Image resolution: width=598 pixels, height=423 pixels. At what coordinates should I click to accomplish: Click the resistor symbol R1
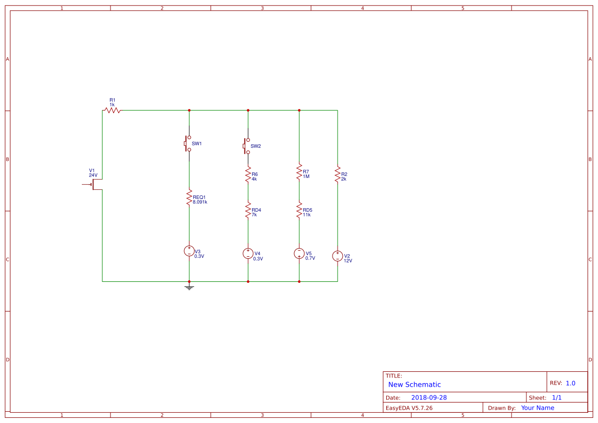[x=112, y=110]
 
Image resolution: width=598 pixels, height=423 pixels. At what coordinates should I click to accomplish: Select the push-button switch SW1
[x=188, y=144]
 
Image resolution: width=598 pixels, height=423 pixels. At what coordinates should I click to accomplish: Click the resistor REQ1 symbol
[x=189, y=198]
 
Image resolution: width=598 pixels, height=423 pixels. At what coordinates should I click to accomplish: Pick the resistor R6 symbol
[x=248, y=174]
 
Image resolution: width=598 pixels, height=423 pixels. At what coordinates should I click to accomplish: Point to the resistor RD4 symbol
[x=248, y=210]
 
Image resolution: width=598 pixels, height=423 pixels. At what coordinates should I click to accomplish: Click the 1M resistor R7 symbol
[x=299, y=172]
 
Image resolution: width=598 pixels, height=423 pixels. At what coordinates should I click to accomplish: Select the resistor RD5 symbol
[x=299, y=210]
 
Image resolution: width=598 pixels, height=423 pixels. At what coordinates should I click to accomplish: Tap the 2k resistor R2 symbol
[x=338, y=174]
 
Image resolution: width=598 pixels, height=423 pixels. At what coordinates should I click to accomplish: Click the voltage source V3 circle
[x=189, y=251]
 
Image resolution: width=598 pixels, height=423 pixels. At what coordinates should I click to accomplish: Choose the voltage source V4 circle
[x=248, y=253]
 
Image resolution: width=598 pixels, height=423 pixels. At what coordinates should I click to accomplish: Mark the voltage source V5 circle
[x=299, y=253]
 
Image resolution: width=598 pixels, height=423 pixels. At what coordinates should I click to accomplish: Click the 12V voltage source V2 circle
[x=338, y=256]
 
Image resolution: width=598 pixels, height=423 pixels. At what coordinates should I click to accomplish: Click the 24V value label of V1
[x=93, y=175]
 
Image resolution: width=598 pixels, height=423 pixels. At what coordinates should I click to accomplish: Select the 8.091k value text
[x=200, y=202]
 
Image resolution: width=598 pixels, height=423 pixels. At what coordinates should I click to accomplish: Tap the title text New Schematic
[x=414, y=385]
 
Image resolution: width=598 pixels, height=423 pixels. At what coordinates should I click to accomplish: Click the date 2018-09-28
[x=429, y=397]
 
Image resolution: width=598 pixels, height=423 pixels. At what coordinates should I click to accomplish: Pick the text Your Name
[x=538, y=408]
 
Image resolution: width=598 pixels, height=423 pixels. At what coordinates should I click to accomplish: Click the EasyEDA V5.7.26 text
[x=409, y=408]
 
